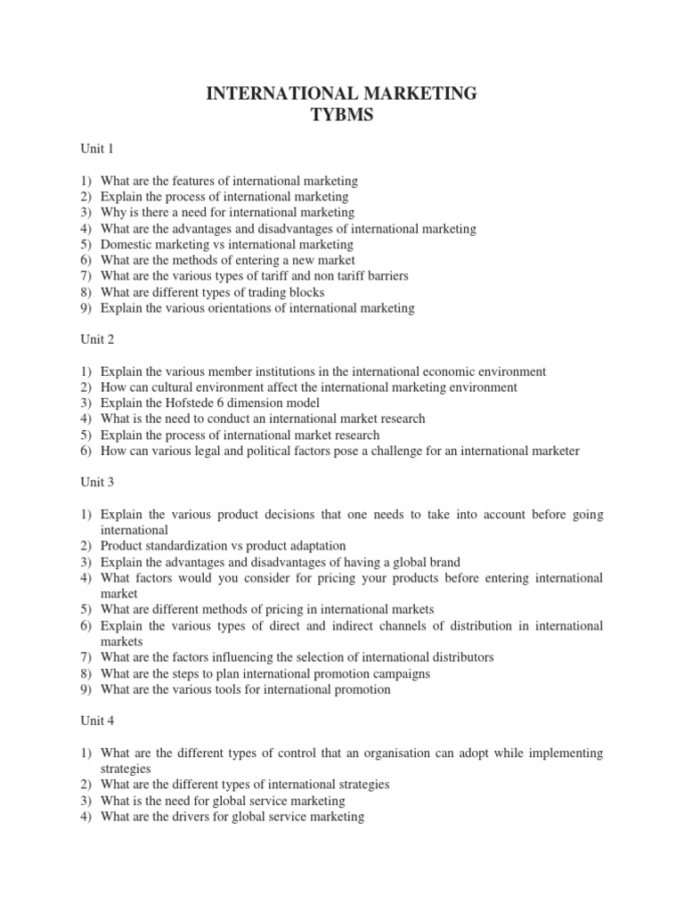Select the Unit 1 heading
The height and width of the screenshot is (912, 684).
(x=97, y=148)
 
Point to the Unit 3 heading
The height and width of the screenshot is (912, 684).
(x=97, y=482)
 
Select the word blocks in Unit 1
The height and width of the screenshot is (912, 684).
(x=305, y=292)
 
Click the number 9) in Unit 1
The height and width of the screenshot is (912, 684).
(x=86, y=308)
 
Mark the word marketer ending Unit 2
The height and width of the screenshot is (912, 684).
(x=553, y=451)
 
